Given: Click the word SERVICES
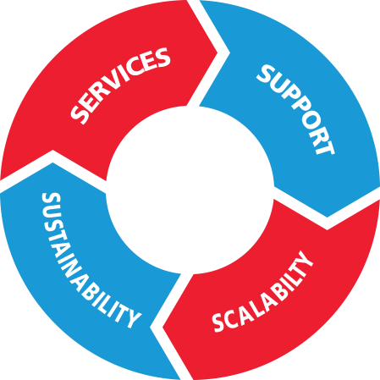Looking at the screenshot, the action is tap(120, 85).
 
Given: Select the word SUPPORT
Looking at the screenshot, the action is tap(295, 109).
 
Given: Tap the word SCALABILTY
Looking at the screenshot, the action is tap(262, 291).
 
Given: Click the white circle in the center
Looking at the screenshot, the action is tap(190, 190).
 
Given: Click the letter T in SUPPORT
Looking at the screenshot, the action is tap(325, 146).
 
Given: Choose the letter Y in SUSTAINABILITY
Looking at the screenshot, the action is tap(131, 318).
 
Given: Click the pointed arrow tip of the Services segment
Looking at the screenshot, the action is tap(218, 52).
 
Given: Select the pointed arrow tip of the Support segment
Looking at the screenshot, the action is tap(328, 217).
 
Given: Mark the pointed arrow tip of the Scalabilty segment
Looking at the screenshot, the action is tap(162, 328).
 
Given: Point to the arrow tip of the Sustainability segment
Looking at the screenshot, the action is tap(52, 162).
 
